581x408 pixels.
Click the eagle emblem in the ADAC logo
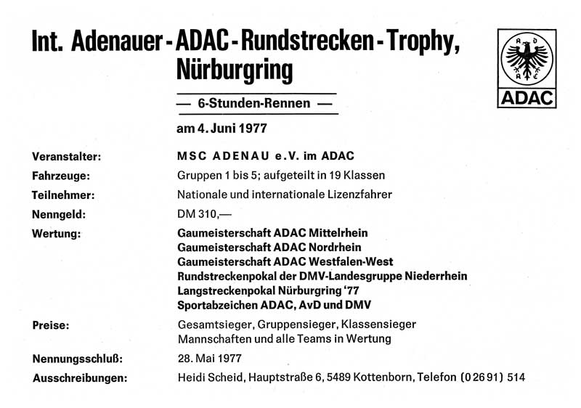click(527, 57)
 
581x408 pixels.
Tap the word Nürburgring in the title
click(235, 70)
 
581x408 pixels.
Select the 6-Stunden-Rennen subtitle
click(254, 105)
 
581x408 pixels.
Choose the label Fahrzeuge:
click(60, 176)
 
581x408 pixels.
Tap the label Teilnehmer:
click(64, 195)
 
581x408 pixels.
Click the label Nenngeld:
click(60, 214)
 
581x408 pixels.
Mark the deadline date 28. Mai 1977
click(209, 358)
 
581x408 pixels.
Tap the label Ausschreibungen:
click(81, 378)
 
